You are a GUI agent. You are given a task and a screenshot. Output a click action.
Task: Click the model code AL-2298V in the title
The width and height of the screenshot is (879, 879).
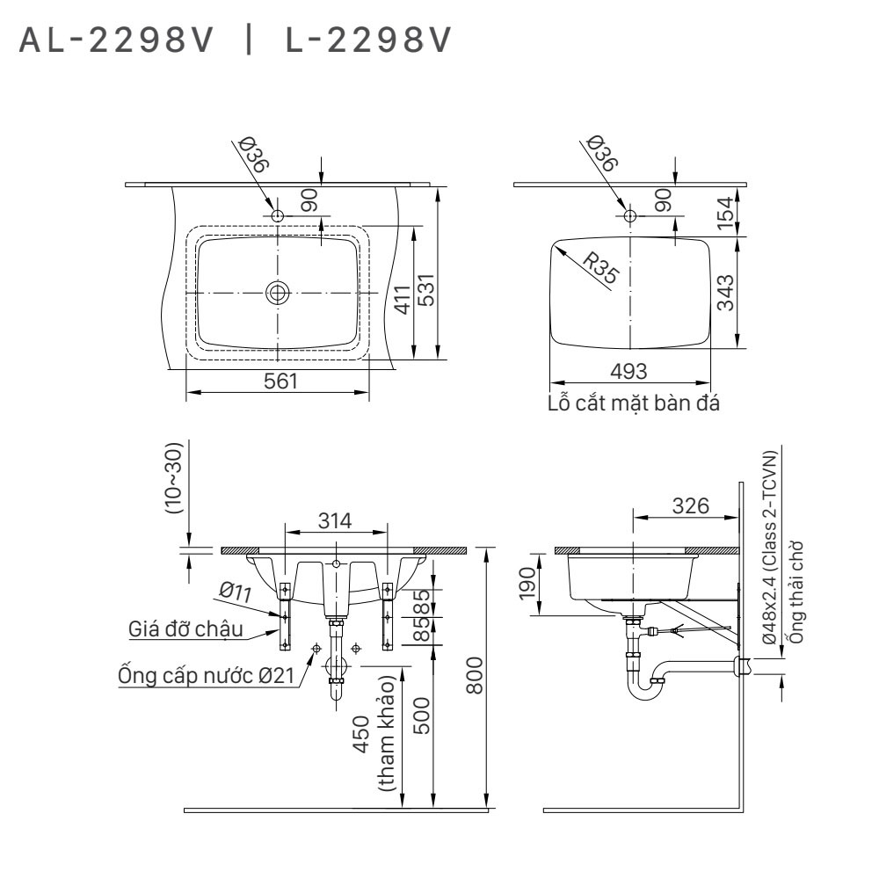coord(117,40)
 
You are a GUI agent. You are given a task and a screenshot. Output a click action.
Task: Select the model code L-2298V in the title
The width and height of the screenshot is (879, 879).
coord(367,40)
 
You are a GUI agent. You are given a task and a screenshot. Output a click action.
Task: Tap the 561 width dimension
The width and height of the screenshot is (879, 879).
coord(280,381)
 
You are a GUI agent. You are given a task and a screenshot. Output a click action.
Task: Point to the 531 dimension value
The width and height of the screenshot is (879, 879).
coord(426,290)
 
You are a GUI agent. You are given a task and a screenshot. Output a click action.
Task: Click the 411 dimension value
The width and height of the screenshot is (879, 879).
coord(403,300)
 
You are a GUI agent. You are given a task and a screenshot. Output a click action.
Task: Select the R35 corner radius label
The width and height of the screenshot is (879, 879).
coord(601,267)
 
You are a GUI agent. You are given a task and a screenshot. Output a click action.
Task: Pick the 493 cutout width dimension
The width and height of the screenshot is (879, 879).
coord(628,371)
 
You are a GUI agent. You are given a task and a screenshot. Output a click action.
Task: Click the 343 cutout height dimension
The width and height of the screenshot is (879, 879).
coord(725,293)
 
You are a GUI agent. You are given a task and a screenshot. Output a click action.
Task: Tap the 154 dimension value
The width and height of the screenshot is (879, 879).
coord(725,213)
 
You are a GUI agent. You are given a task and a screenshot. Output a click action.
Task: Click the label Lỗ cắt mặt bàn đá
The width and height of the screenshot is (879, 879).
coord(634,403)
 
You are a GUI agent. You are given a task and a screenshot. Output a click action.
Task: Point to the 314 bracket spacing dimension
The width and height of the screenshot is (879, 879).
coord(335,520)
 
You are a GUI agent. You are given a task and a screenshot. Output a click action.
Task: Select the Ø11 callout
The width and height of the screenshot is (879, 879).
coord(236,592)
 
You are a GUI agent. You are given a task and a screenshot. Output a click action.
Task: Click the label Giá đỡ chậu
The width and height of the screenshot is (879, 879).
coord(185,629)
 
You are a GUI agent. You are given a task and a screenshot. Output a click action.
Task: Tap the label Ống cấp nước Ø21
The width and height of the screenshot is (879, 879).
coord(207,675)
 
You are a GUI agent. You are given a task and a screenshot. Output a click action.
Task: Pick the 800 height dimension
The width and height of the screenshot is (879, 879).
coord(475,675)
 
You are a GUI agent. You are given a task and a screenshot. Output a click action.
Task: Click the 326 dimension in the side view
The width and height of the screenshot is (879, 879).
coord(691,505)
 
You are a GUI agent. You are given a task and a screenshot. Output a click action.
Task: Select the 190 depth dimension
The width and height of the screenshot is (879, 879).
coord(527,583)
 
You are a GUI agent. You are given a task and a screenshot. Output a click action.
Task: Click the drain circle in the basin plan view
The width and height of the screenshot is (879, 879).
coord(277,292)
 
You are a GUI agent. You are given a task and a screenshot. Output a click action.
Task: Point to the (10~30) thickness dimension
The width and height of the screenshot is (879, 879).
coord(173,478)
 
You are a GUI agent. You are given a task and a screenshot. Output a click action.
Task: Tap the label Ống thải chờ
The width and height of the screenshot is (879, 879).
coord(795,592)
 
